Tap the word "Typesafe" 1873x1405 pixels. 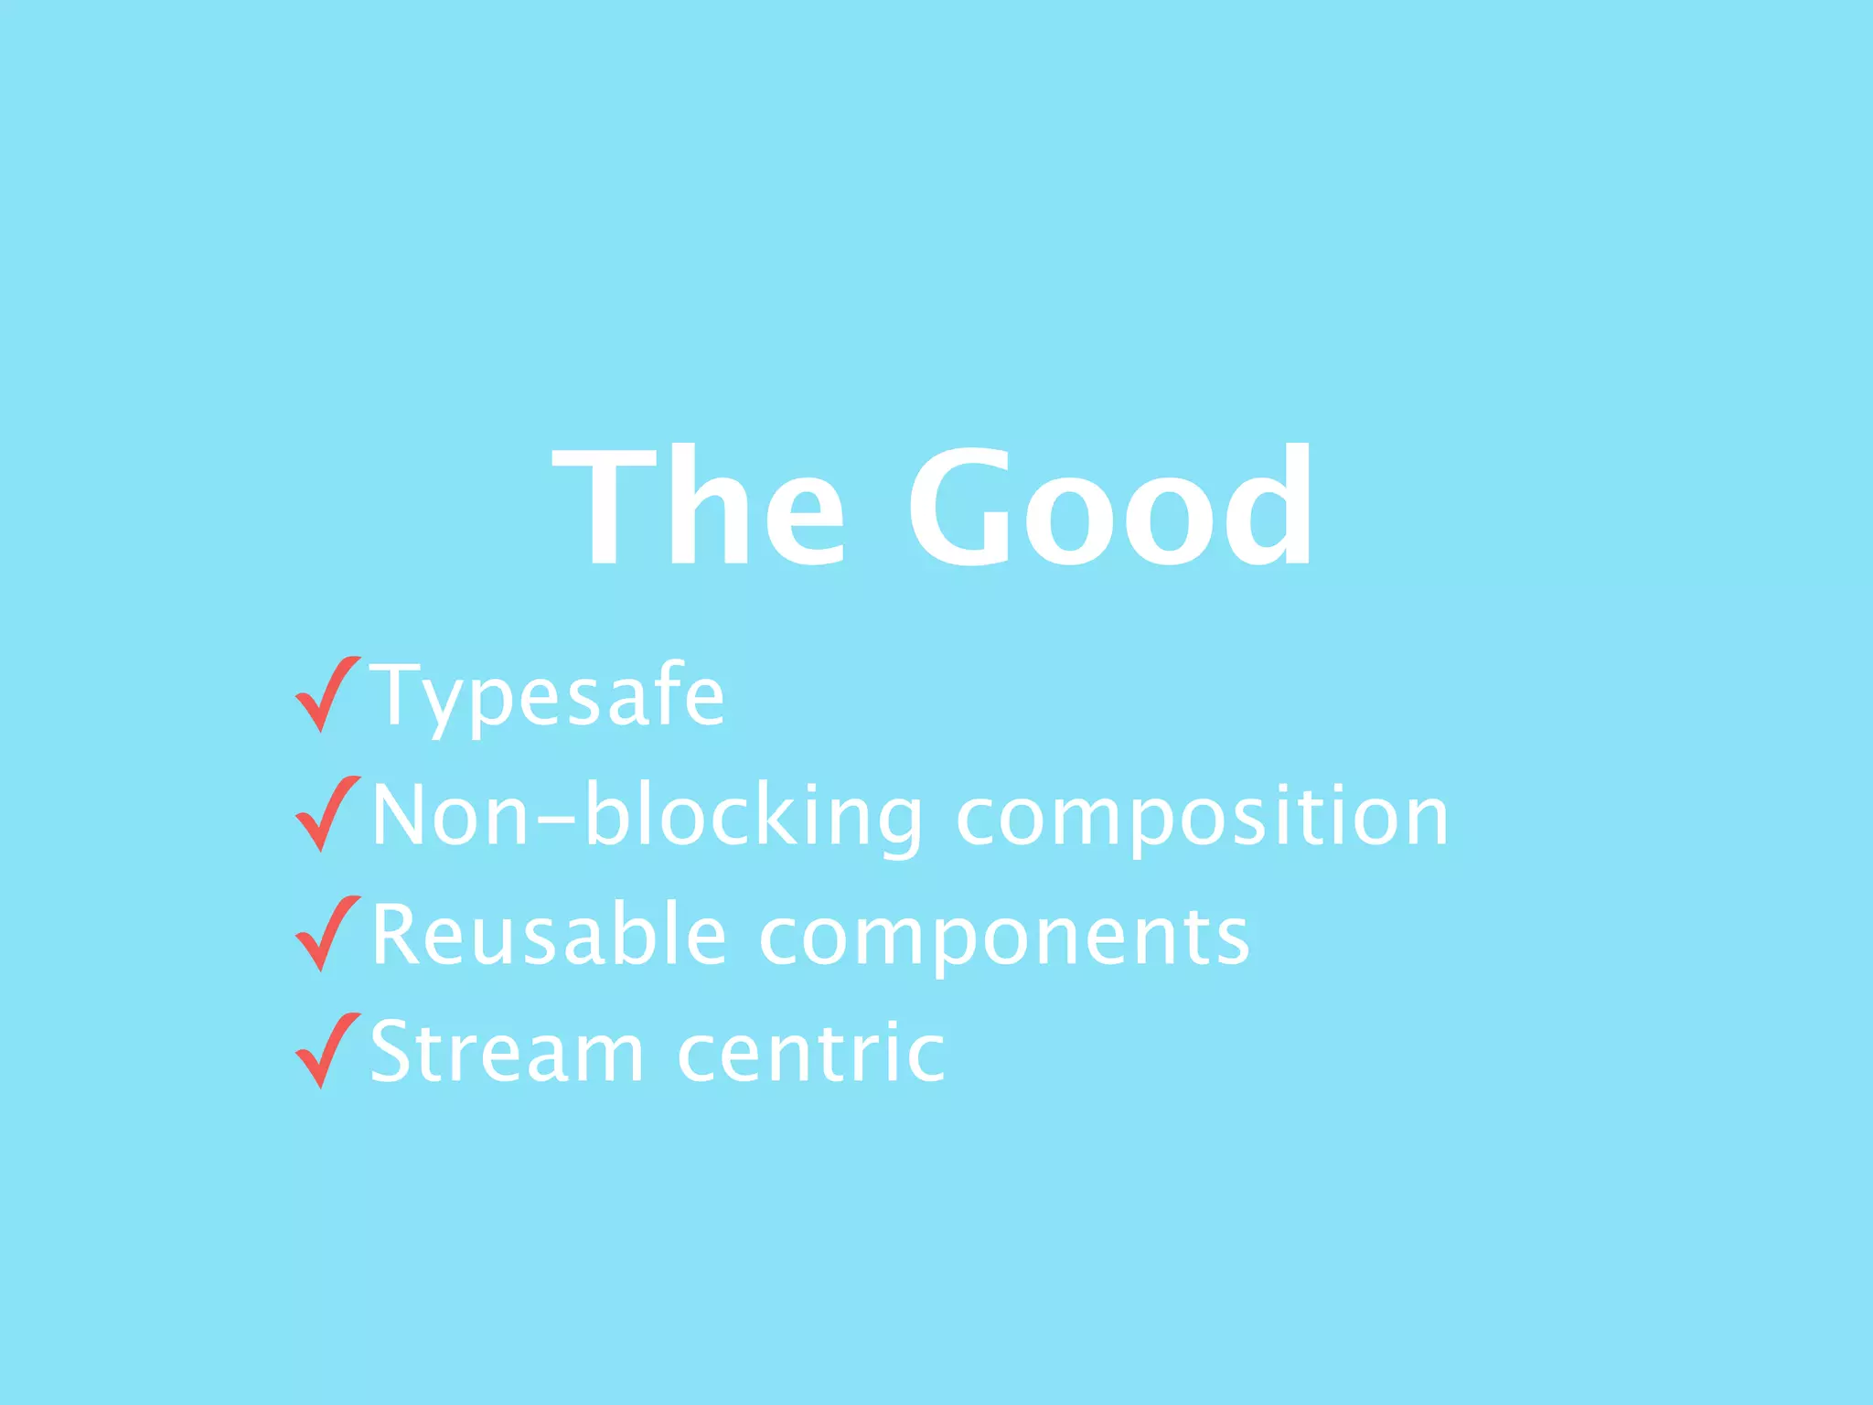pyautogui.click(x=547, y=697)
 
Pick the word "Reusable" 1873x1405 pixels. pyautogui.click(x=549, y=935)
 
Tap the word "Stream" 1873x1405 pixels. pyautogui.click(x=507, y=1052)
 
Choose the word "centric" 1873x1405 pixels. pyautogui.click(x=811, y=1052)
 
